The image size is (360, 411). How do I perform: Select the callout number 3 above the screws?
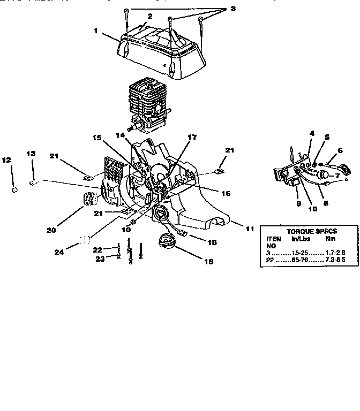[218, 9]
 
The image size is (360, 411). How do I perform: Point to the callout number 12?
[7, 159]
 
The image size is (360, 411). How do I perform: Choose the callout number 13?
[32, 154]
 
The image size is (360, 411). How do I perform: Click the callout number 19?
[208, 262]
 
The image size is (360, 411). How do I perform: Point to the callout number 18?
[212, 242]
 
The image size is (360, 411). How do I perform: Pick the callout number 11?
[250, 229]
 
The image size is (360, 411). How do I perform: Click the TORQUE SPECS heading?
[304, 231]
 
